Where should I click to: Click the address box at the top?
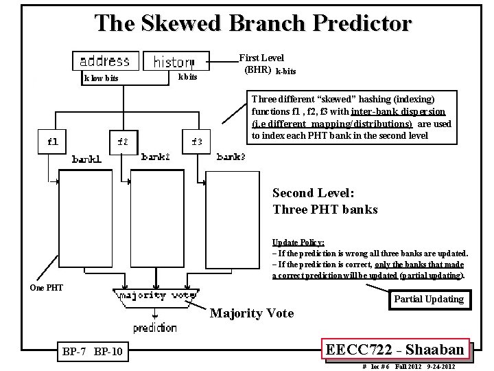click(x=106, y=60)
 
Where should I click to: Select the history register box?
click(x=173, y=62)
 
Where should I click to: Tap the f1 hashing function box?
click(x=52, y=142)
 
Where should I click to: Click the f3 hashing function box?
click(x=197, y=142)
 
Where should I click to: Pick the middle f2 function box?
click(x=122, y=142)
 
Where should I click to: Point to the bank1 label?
click(x=87, y=159)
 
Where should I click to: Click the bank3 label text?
click(x=231, y=157)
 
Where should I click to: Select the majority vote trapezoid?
click(x=150, y=296)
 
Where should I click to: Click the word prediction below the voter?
click(x=155, y=328)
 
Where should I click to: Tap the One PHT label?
click(x=47, y=287)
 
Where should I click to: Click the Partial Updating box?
click(x=429, y=299)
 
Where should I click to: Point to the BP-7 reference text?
click(x=73, y=352)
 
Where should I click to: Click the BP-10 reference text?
click(x=108, y=352)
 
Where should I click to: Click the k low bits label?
click(x=101, y=78)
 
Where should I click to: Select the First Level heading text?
click(x=261, y=58)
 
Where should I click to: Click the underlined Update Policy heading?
click(x=298, y=243)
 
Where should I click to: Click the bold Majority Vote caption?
click(x=251, y=313)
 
